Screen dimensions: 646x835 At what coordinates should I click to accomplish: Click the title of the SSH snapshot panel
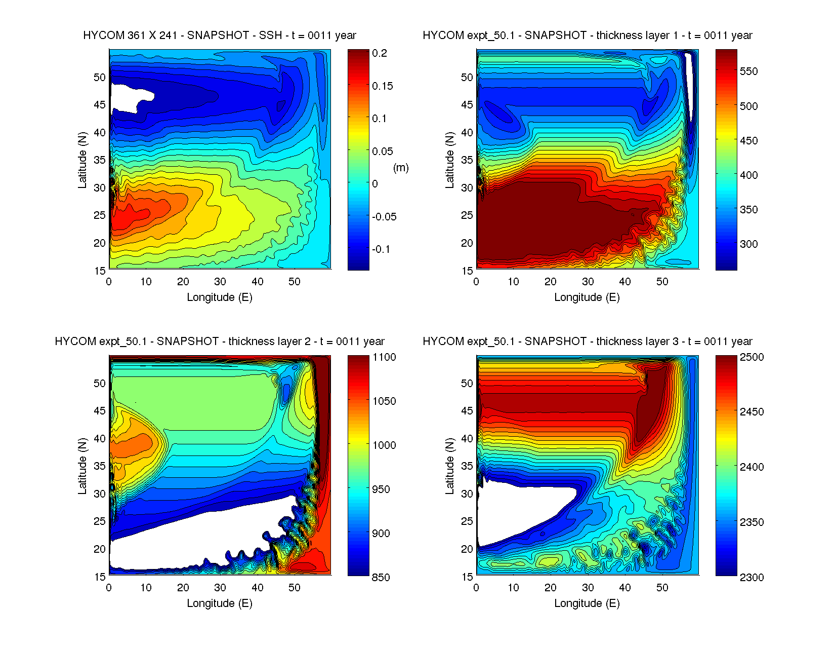click(220, 35)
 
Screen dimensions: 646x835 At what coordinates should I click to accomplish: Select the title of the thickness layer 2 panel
click(220, 341)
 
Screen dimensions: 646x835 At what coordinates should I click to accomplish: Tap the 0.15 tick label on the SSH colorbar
click(382, 86)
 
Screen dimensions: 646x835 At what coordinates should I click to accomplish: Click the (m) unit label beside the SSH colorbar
click(401, 168)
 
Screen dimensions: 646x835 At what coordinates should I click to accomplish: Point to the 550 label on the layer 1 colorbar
click(748, 71)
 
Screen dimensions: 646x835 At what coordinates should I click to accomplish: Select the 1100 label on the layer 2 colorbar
click(384, 357)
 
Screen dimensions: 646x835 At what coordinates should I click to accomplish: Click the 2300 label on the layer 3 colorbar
click(752, 578)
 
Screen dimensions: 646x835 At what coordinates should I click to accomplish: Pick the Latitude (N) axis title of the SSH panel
click(82, 160)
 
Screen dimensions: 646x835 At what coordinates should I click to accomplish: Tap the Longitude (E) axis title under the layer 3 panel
click(587, 603)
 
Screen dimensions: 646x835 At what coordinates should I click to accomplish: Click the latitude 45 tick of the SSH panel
click(100, 105)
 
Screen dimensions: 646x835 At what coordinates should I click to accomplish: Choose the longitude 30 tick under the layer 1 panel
click(588, 282)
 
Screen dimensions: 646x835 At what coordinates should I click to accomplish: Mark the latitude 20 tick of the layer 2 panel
click(100, 549)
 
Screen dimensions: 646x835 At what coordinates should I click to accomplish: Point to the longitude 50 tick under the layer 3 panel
click(662, 588)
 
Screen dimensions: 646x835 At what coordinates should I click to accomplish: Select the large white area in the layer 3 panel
click(516, 512)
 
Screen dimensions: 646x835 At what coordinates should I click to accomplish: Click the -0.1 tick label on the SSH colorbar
click(381, 249)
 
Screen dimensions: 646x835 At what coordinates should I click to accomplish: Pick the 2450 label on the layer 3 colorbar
click(752, 412)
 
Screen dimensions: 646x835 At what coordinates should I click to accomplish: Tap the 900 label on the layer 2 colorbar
click(381, 534)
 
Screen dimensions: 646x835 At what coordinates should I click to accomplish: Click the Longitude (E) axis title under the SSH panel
click(220, 297)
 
